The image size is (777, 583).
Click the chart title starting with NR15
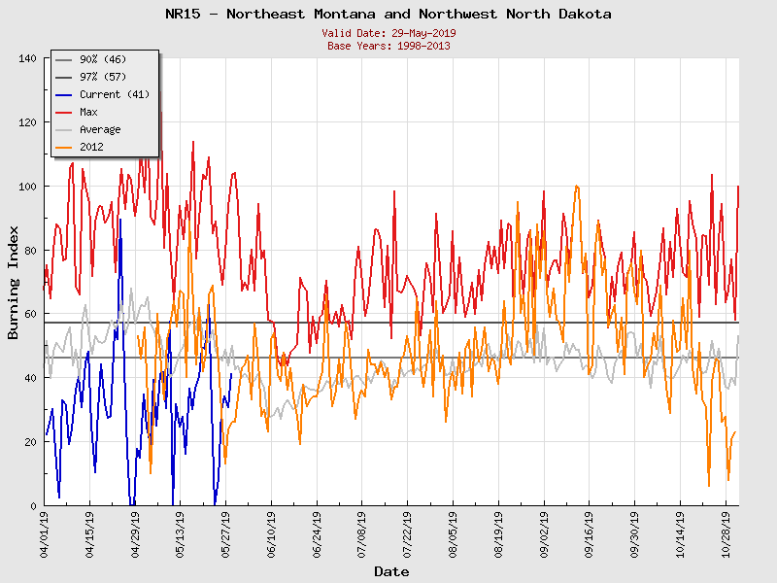click(x=388, y=15)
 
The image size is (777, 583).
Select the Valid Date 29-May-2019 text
click(x=388, y=33)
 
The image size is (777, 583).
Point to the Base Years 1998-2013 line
click(x=388, y=46)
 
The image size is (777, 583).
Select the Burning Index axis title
click(x=14, y=283)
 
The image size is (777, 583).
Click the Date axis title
click(x=391, y=572)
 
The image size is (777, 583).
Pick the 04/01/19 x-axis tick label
click(x=46, y=534)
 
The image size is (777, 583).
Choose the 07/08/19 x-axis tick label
click(x=362, y=534)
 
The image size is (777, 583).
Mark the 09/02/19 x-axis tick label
click(x=543, y=534)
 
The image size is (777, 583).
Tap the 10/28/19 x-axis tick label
click(x=725, y=534)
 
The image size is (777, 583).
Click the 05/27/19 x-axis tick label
click(x=226, y=534)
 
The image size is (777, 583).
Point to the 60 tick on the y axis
click(x=30, y=315)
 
